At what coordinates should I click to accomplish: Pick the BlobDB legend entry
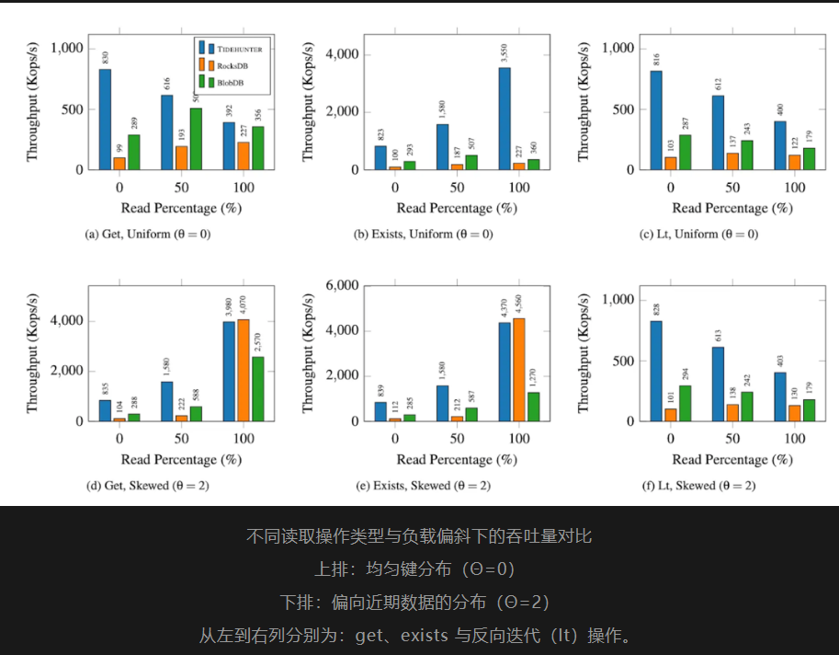[x=229, y=82]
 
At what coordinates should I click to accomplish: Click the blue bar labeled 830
[x=105, y=119]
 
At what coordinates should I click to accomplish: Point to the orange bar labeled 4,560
[x=519, y=369]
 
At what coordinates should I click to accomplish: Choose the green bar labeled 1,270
[x=534, y=406]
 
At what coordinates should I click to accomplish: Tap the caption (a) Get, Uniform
[x=147, y=234]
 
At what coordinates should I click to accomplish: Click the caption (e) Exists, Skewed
[x=423, y=485]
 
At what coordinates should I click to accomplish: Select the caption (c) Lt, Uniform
[x=699, y=234]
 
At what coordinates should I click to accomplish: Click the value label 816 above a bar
[x=657, y=60]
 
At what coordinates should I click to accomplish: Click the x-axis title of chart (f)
[x=732, y=459]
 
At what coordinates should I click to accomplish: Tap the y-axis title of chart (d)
[x=34, y=353]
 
